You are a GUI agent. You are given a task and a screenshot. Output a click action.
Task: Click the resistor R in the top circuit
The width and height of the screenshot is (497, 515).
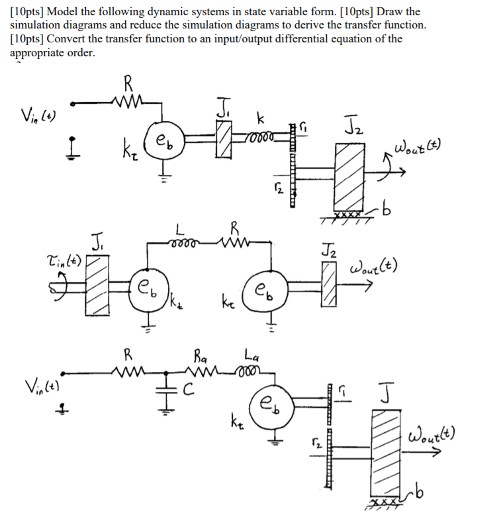127,101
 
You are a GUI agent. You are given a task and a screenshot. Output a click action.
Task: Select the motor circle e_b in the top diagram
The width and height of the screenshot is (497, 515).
163,140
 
